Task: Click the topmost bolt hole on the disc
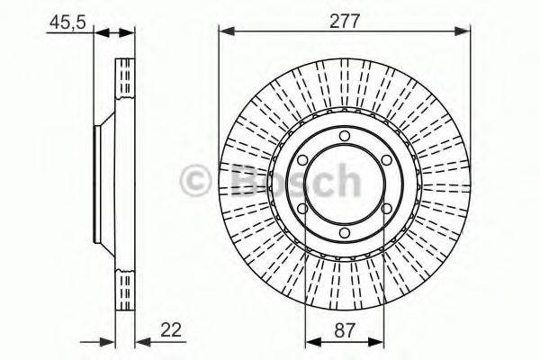coord(344,137)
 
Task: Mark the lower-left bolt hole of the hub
coord(302,209)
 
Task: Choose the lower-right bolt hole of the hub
coord(385,209)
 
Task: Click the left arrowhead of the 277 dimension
coord(225,32)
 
